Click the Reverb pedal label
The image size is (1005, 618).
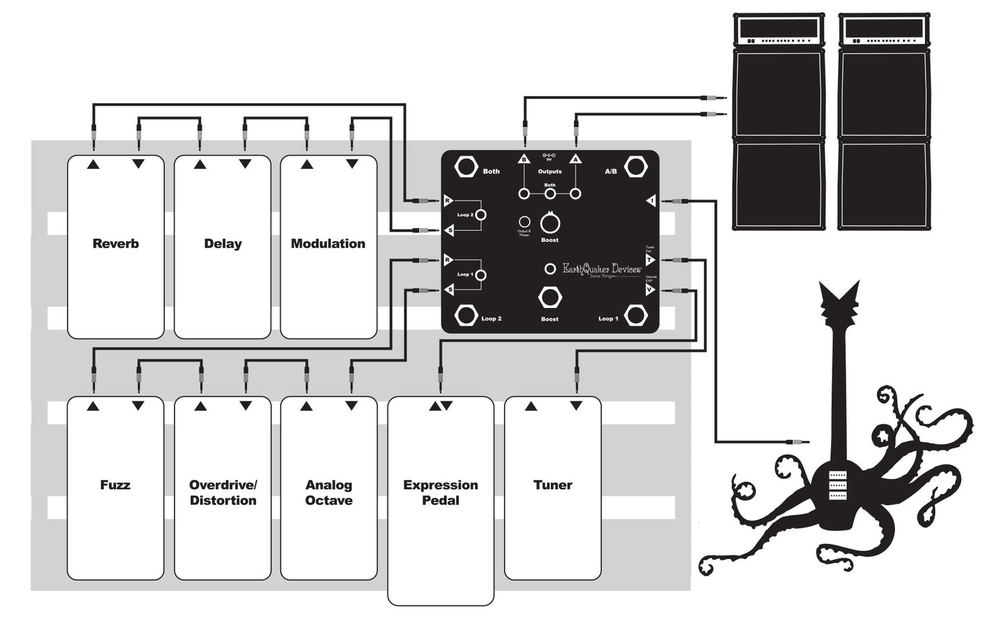click(x=115, y=244)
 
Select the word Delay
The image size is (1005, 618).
click(x=223, y=244)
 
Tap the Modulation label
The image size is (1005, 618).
click(x=328, y=244)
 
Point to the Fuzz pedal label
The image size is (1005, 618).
click(x=115, y=485)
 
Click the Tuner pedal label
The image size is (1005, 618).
click(x=552, y=485)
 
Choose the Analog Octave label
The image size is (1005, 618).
click(x=328, y=493)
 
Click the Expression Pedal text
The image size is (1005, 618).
click(x=440, y=493)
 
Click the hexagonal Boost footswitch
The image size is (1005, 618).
click(x=549, y=298)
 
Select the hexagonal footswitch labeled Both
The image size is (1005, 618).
click(x=465, y=168)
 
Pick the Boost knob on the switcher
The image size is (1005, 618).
click(x=549, y=224)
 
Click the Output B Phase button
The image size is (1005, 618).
click(x=524, y=222)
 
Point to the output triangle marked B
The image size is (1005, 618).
click(x=524, y=159)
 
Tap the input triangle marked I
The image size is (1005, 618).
click(x=650, y=201)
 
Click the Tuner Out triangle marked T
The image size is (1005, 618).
click(x=650, y=260)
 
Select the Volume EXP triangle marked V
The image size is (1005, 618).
click(x=650, y=290)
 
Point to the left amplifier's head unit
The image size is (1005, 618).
click(x=780, y=30)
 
